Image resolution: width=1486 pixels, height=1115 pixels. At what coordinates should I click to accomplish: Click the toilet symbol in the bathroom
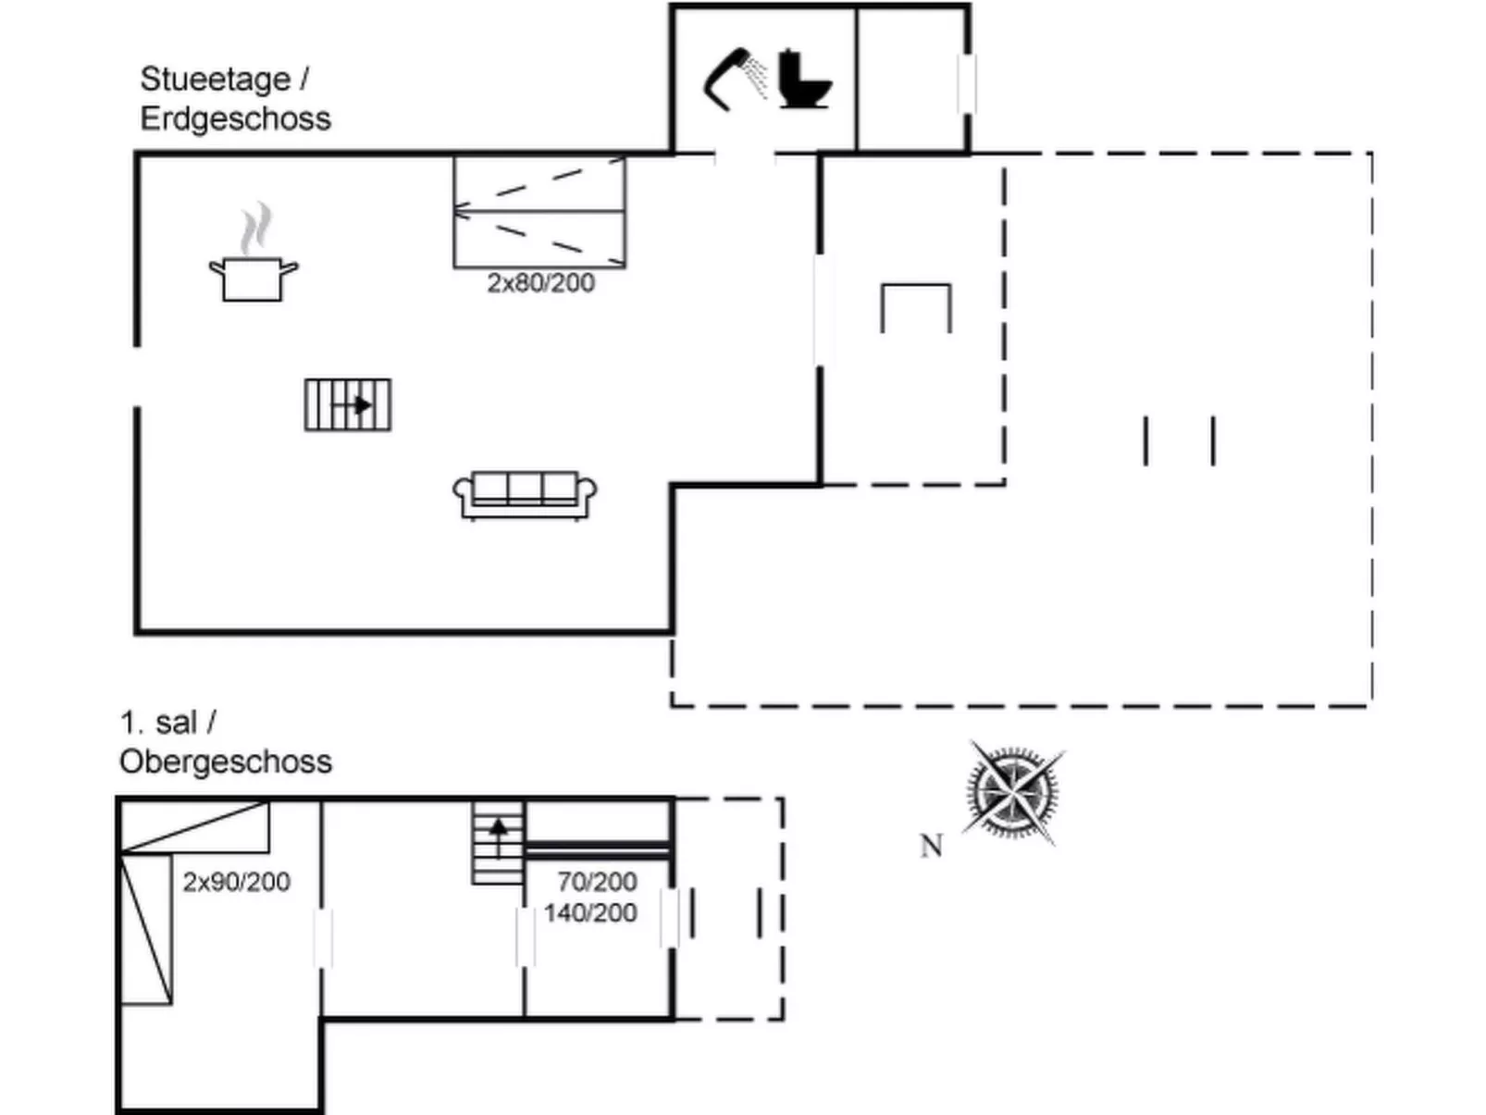coord(803,80)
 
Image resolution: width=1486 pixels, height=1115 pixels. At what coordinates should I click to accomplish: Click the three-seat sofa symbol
coord(525,496)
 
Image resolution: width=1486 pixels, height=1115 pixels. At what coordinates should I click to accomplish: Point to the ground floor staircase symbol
coord(348,405)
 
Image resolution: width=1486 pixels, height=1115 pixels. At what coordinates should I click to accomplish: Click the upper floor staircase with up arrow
coord(498,843)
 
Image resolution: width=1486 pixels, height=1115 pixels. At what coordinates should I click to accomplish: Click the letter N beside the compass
coord(931,846)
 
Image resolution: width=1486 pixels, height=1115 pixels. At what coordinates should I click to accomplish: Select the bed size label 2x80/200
coord(540,283)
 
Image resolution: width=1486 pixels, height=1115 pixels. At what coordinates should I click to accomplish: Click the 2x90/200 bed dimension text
coord(236,882)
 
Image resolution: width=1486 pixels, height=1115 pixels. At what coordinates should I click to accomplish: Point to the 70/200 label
coord(597,882)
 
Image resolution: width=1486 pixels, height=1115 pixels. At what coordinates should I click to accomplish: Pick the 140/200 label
coord(590,913)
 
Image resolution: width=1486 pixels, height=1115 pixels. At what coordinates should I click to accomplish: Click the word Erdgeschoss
coord(235,119)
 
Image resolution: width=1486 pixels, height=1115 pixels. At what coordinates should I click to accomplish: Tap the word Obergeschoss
coord(225,762)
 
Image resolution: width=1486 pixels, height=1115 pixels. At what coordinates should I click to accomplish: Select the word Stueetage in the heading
coord(215,80)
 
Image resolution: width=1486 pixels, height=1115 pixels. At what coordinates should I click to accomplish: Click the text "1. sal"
coord(158,723)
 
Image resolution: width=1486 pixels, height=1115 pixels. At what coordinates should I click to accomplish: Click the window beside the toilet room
coord(967,83)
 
